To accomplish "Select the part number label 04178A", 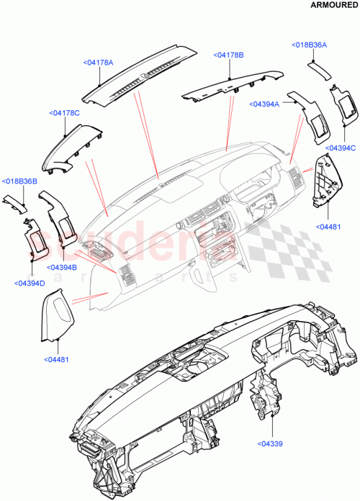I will coord(99,63).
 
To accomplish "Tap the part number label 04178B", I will coord(229,55).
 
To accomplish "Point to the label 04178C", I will coord(65,113).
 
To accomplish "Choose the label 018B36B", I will coord(19,181).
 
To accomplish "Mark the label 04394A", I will coord(266,104).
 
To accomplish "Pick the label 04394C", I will coord(341,148).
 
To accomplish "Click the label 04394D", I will coord(30,283).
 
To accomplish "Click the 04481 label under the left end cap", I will coord(58,358).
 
